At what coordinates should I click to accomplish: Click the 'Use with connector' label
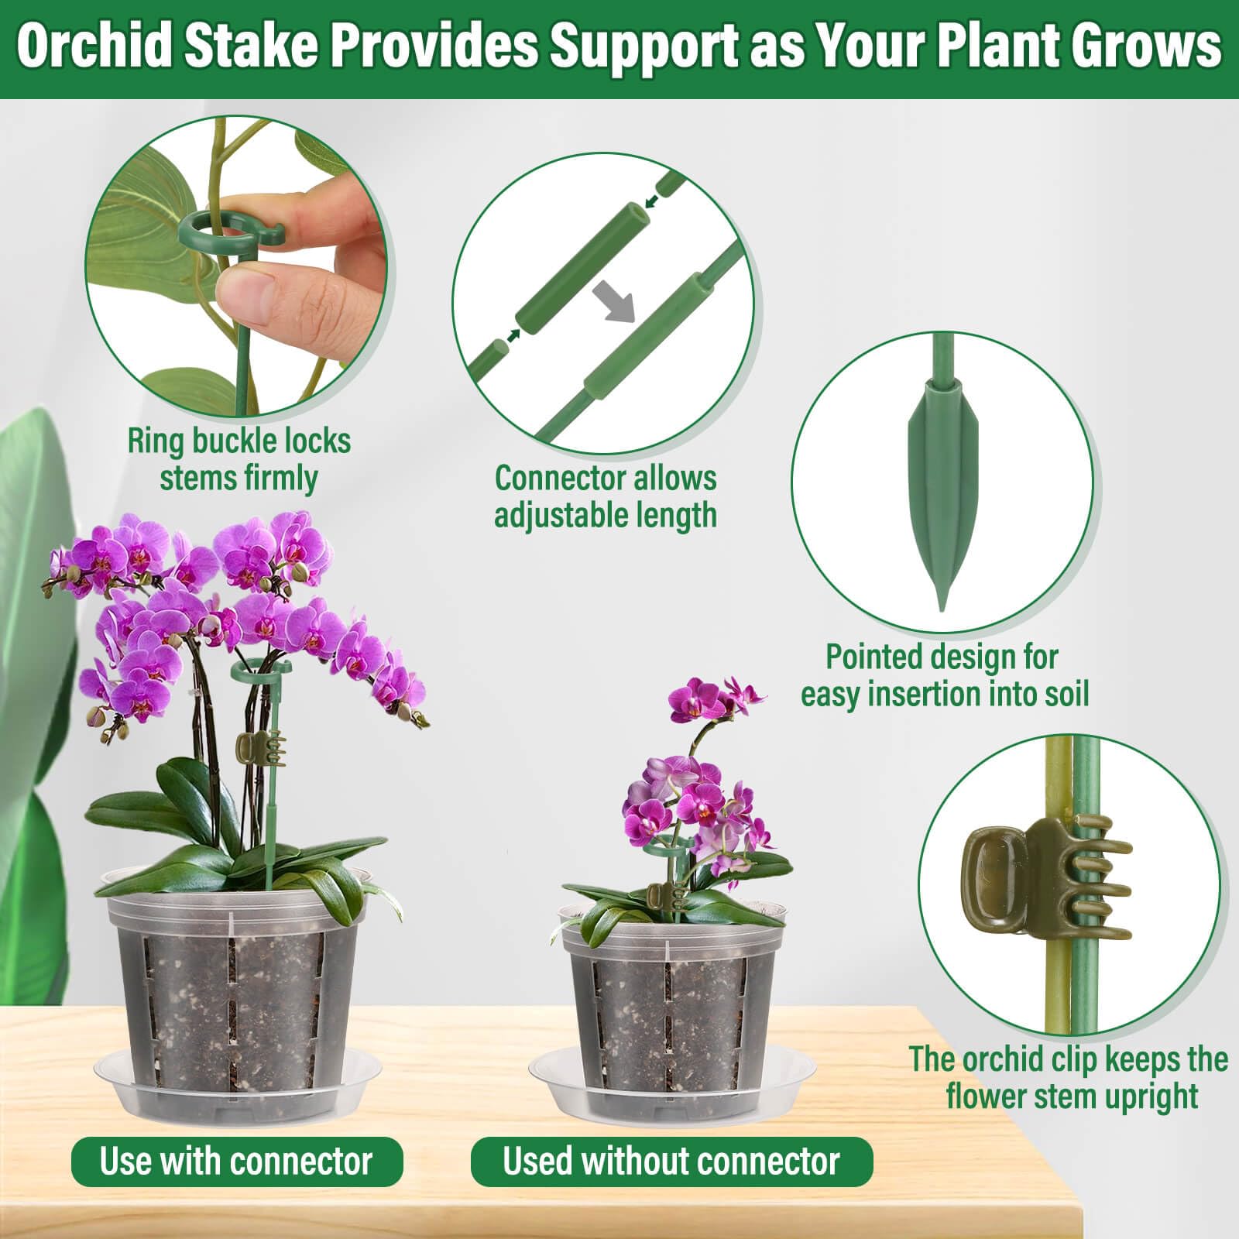coord(237,1161)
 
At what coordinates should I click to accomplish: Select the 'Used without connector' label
coord(671,1161)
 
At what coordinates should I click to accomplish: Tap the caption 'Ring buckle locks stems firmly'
coord(239,459)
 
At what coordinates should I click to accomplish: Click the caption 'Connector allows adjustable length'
coord(606,496)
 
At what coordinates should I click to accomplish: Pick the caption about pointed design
coord(945,675)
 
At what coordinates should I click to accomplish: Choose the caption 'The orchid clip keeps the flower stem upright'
coord(1069,1077)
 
